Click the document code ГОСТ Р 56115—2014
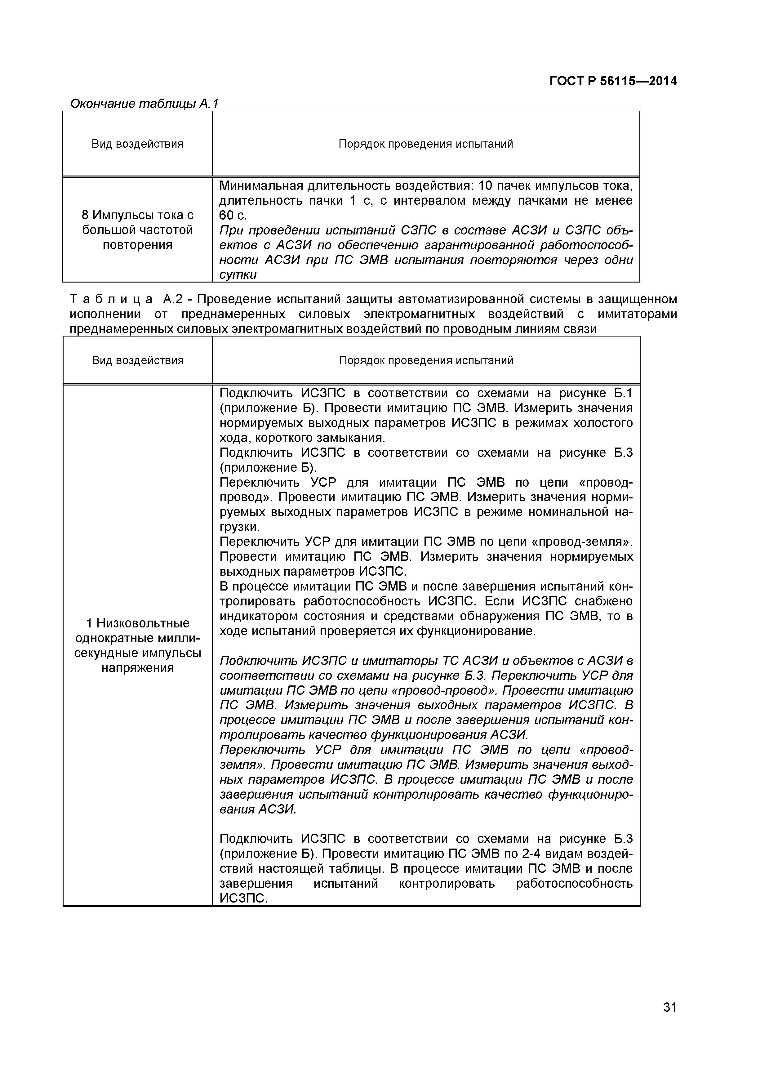tap(613, 82)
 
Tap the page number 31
tap(669, 1021)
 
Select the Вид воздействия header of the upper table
tap(137, 144)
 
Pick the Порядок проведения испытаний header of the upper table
tap(425, 144)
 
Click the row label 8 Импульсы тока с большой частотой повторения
tap(137, 230)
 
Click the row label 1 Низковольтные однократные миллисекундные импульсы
tap(137, 645)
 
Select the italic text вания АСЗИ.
tap(258, 809)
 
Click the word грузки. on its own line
tap(240, 527)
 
